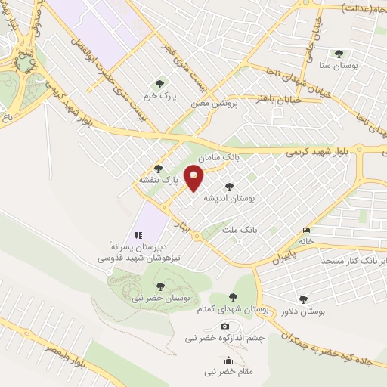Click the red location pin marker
pos(195,179)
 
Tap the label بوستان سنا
pos(338,66)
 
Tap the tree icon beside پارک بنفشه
pos(158,169)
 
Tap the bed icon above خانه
pos(306,230)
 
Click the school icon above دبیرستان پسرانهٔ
pos(138,234)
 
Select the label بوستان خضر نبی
pos(159,299)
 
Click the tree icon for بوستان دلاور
pos(304,299)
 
